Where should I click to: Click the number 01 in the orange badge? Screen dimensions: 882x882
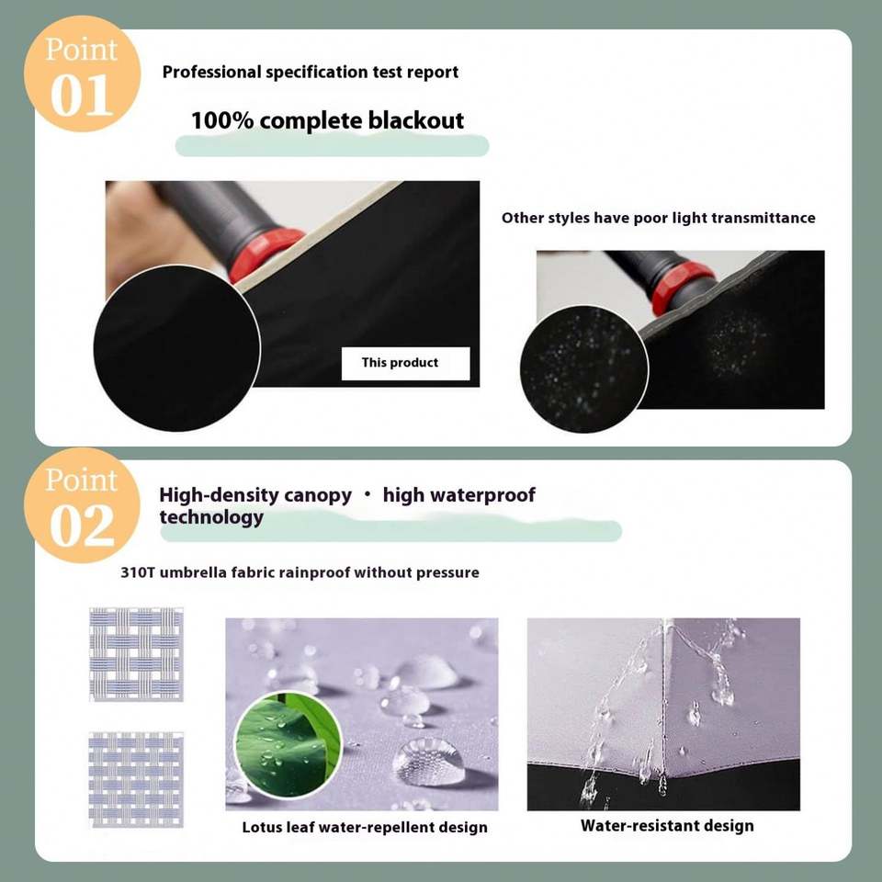tap(82, 96)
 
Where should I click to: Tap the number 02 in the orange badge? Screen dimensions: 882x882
tap(82, 526)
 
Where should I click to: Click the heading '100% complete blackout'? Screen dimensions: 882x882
tap(327, 121)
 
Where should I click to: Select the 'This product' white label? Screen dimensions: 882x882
tap(405, 364)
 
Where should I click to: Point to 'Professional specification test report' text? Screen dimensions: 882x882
tap(311, 72)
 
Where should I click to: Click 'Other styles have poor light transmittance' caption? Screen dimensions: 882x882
tap(658, 219)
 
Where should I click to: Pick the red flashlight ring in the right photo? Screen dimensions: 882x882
tap(681, 288)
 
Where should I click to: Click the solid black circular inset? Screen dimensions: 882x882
tap(176, 349)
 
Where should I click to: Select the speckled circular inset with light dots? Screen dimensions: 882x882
tap(584, 369)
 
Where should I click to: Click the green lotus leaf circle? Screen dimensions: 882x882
tap(288, 745)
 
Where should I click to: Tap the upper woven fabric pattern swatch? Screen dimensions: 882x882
tap(136, 654)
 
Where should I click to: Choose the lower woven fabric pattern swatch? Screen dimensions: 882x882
tap(136, 780)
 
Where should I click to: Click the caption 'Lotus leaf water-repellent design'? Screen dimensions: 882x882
tap(365, 828)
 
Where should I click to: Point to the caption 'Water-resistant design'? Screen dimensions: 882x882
tap(667, 826)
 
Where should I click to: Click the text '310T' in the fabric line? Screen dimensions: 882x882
tap(137, 572)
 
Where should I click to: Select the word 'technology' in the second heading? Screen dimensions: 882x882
tap(211, 517)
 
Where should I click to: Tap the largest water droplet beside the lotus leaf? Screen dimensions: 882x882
tap(429, 762)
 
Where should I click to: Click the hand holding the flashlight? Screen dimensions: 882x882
tap(147, 232)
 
